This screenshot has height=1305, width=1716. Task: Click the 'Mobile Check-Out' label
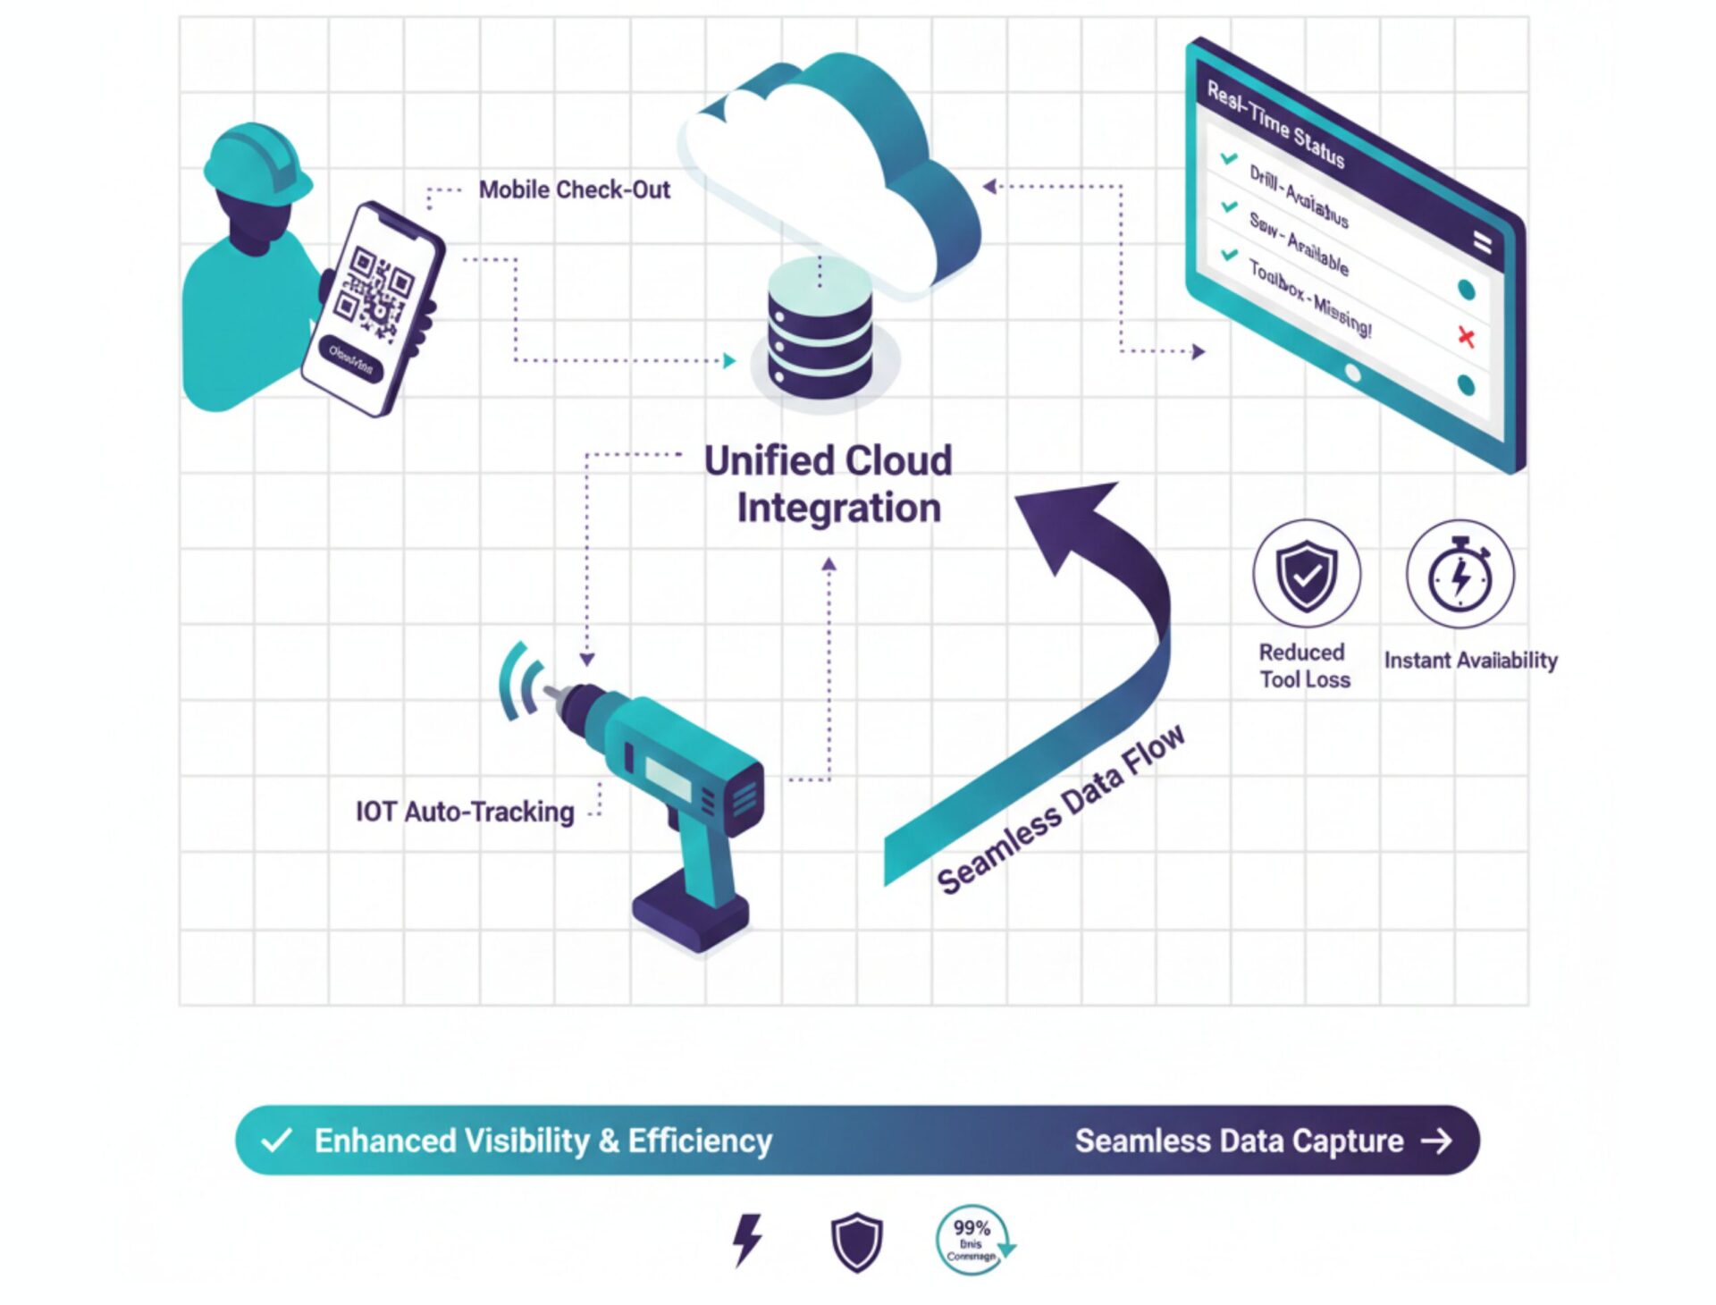pyautogui.click(x=574, y=189)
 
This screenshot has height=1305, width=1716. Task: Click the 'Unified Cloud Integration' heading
pyautogui.click(x=829, y=484)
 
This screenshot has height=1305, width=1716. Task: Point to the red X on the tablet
pyautogui.click(x=1466, y=337)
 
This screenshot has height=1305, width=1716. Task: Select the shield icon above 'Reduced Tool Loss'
pyautogui.click(x=1306, y=574)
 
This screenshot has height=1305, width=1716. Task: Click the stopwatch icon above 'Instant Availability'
pyautogui.click(x=1460, y=574)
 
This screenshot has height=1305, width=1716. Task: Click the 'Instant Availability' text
pyautogui.click(x=1470, y=661)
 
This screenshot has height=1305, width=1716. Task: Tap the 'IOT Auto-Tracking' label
pyautogui.click(x=465, y=812)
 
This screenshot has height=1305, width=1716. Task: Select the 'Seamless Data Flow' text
pyautogui.click(x=1062, y=809)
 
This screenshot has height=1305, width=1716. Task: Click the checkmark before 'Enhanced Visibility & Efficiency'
pyautogui.click(x=276, y=1141)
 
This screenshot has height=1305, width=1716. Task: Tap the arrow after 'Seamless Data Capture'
pyautogui.click(x=1437, y=1141)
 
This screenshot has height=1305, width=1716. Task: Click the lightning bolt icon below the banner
pyautogui.click(x=747, y=1239)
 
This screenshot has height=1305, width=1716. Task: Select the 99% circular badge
pyautogui.click(x=972, y=1240)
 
